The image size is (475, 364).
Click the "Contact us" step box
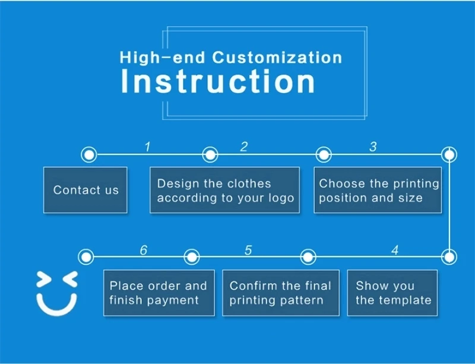click(x=85, y=190)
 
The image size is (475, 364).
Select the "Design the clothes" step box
click(x=224, y=190)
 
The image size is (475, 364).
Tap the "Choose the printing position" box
click(x=378, y=190)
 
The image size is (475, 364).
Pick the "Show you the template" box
click(x=392, y=293)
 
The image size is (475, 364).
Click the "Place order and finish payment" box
click(x=159, y=293)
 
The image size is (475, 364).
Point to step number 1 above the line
click(x=148, y=147)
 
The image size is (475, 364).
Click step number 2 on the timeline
click(x=243, y=147)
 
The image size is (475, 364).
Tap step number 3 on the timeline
click(x=373, y=147)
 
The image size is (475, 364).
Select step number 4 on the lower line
click(x=394, y=250)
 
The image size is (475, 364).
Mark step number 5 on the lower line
click(x=248, y=250)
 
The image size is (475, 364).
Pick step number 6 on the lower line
click(x=143, y=250)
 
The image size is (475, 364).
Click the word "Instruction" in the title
click(x=218, y=81)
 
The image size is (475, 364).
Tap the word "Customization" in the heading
click(x=277, y=58)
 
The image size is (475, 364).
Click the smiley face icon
click(x=57, y=292)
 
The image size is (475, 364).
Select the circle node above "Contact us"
click(x=88, y=155)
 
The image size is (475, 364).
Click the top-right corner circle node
click(x=449, y=155)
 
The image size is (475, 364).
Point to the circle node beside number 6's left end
click(x=87, y=257)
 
